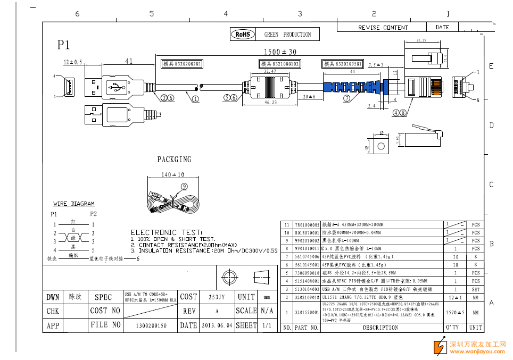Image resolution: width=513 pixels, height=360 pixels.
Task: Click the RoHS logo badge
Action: point(243,35)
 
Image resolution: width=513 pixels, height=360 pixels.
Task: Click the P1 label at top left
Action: point(64,45)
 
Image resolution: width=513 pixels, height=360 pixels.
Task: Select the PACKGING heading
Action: point(174,160)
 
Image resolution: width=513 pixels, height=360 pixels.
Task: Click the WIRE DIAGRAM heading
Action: point(74,204)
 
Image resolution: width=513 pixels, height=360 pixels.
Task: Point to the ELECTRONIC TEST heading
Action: point(167,232)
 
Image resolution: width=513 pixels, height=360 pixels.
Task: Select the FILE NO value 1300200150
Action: point(152,325)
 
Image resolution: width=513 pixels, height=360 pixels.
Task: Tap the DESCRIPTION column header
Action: point(380,328)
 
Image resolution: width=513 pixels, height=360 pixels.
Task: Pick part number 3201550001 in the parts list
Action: point(307,313)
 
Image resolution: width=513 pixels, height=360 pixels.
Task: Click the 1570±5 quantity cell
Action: point(455,313)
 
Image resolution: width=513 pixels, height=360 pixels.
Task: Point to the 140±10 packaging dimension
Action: point(172,175)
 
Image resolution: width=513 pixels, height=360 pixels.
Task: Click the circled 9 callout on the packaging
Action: point(184,186)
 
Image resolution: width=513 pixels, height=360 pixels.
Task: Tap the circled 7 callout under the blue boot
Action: point(346,98)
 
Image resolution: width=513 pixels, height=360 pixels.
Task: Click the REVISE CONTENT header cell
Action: point(383,28)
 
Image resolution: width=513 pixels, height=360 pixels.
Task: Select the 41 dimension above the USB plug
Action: point(129,61)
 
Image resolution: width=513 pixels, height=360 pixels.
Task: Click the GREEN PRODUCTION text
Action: point(287,35)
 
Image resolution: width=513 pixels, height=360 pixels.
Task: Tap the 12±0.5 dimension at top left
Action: point(73,62)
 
